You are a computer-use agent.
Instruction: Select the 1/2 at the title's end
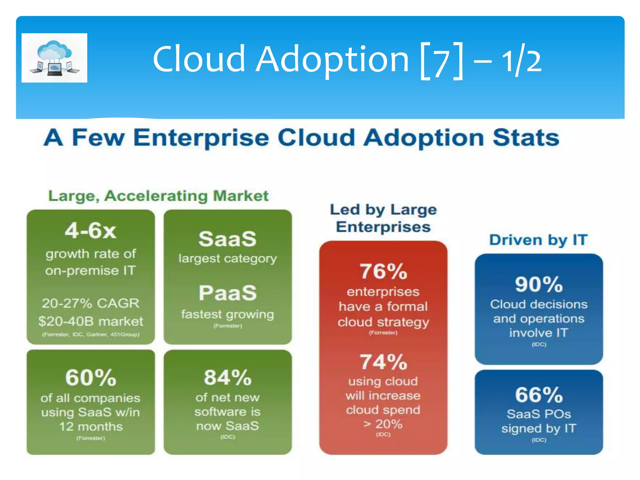pyautogui.click(x=521, y=61)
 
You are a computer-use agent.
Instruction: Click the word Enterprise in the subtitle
pyautogui.click(x=201, y=138)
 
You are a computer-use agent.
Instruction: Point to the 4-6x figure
pyautogui.click(x=90, y=231)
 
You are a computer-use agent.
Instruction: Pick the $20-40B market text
pyautogui.click(x=91, y=321)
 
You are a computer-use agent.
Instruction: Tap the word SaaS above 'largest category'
pyautogui.click(x=227, y=239)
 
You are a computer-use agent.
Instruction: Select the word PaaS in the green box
pyautogui.click(x=227, y=293)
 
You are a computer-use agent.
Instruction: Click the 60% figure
pyautogui.click(x=91, y=377)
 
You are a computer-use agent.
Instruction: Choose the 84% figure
pyautogui.click(x=227, y=377)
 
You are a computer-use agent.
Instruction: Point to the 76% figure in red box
pyautogui.click(x=383, y=271)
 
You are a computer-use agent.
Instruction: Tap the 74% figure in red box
pyautogui.click(x=383, y=362)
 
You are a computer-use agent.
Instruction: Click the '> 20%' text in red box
pyautogui.click(x=383, y=424)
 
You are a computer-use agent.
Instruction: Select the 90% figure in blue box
pyautogui.click(x=539, y=284)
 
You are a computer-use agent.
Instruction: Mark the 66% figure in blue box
pyautogui.click(x=539, y=395)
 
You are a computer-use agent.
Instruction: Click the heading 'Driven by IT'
pyautogui.click(x=538, y=240)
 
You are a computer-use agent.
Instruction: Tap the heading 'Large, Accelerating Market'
pyautogui.click(x=158, y=196)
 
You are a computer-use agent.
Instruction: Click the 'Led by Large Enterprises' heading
pyautogui.click(x=383, y=218)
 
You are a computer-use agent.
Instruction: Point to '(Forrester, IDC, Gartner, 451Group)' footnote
pyautogui.click(x=91, y=334)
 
